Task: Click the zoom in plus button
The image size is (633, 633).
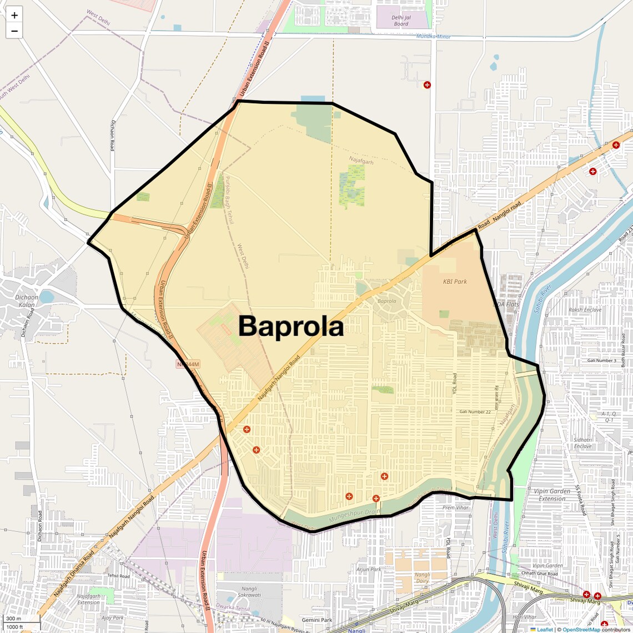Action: (14, 15)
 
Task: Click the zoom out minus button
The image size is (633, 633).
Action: (14, 31)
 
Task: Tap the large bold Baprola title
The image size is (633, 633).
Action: (291, 326)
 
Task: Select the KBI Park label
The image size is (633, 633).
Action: (455, 282)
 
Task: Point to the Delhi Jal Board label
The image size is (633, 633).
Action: (400, 21)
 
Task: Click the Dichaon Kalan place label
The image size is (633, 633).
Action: (27, 301)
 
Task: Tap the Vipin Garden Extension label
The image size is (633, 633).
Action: (551, 495)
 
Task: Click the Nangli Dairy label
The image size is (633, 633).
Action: (422, 578)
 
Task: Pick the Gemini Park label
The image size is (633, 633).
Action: (317, 620)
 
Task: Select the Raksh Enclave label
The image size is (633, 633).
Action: (585, 310)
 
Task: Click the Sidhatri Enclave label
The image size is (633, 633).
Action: (582, 443)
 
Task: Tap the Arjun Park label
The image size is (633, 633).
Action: (369, 569)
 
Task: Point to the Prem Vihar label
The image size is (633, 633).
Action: (455, 508)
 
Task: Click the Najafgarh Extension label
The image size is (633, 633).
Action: (88, 599)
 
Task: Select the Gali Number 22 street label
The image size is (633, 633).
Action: (475, 411)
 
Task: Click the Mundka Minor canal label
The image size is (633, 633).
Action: (434, 37)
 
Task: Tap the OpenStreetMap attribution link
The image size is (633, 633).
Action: (581, 630)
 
